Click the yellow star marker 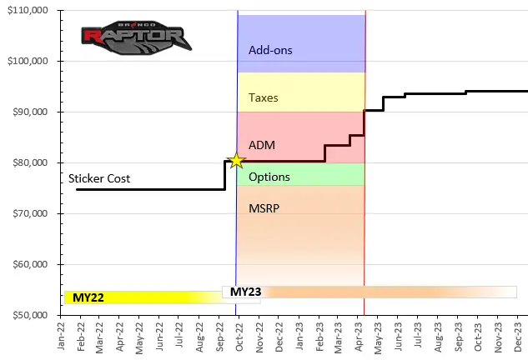point(236,161)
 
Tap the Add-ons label point(270,50)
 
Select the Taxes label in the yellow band point(264,97)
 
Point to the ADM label point(262,145)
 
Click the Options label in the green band point(269,177)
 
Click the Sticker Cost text point(99,178)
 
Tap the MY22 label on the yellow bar point(88,297)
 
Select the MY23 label point(246,292)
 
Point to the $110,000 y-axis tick point(28,10)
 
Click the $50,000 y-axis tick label point(31,316)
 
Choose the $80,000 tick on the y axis point(31,162)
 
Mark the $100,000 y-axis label point(28,61)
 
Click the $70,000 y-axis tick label point(31,214)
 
